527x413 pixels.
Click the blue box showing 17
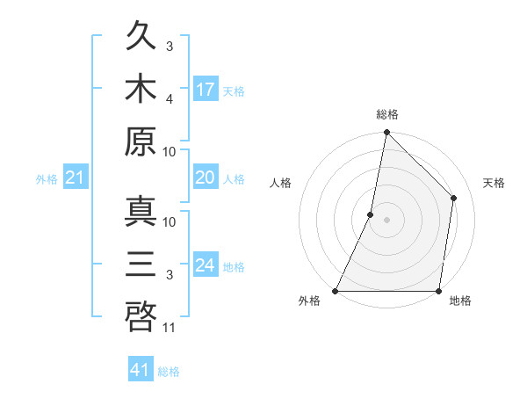point(206,89)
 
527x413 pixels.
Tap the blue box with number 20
point(206,178)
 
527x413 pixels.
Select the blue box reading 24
point(206,265)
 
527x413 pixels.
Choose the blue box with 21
point(76,178)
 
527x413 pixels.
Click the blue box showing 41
point(141,370)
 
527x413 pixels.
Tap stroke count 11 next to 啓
point(170,328)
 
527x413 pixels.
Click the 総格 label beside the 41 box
point(169,372)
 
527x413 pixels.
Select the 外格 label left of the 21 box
point(47,179)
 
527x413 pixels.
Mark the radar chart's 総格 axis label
point(386,114)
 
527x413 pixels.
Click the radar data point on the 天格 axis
point(454,198)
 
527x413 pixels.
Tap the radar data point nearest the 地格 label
point(438,291)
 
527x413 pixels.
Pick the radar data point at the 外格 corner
point(336,291)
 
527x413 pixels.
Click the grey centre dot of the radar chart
point(386,220)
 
